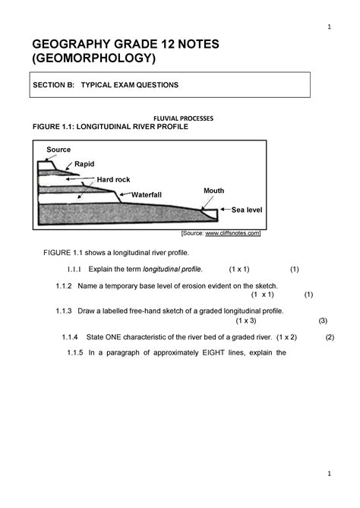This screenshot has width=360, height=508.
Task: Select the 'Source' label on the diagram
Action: click(58, 150)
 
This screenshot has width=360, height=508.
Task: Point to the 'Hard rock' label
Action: click(113, 178)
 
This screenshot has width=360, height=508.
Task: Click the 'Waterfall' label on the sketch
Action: click(147, 194)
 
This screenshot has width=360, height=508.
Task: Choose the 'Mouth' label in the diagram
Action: click(213, 190)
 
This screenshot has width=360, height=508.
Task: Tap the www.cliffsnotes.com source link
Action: click(232, 233)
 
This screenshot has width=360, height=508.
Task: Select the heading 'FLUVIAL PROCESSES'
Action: click(185, 119)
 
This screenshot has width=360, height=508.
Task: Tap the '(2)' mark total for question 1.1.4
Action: click(330, 336)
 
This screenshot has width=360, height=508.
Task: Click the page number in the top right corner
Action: click(328, 28)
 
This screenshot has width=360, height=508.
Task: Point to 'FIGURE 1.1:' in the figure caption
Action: click(49, 128)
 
